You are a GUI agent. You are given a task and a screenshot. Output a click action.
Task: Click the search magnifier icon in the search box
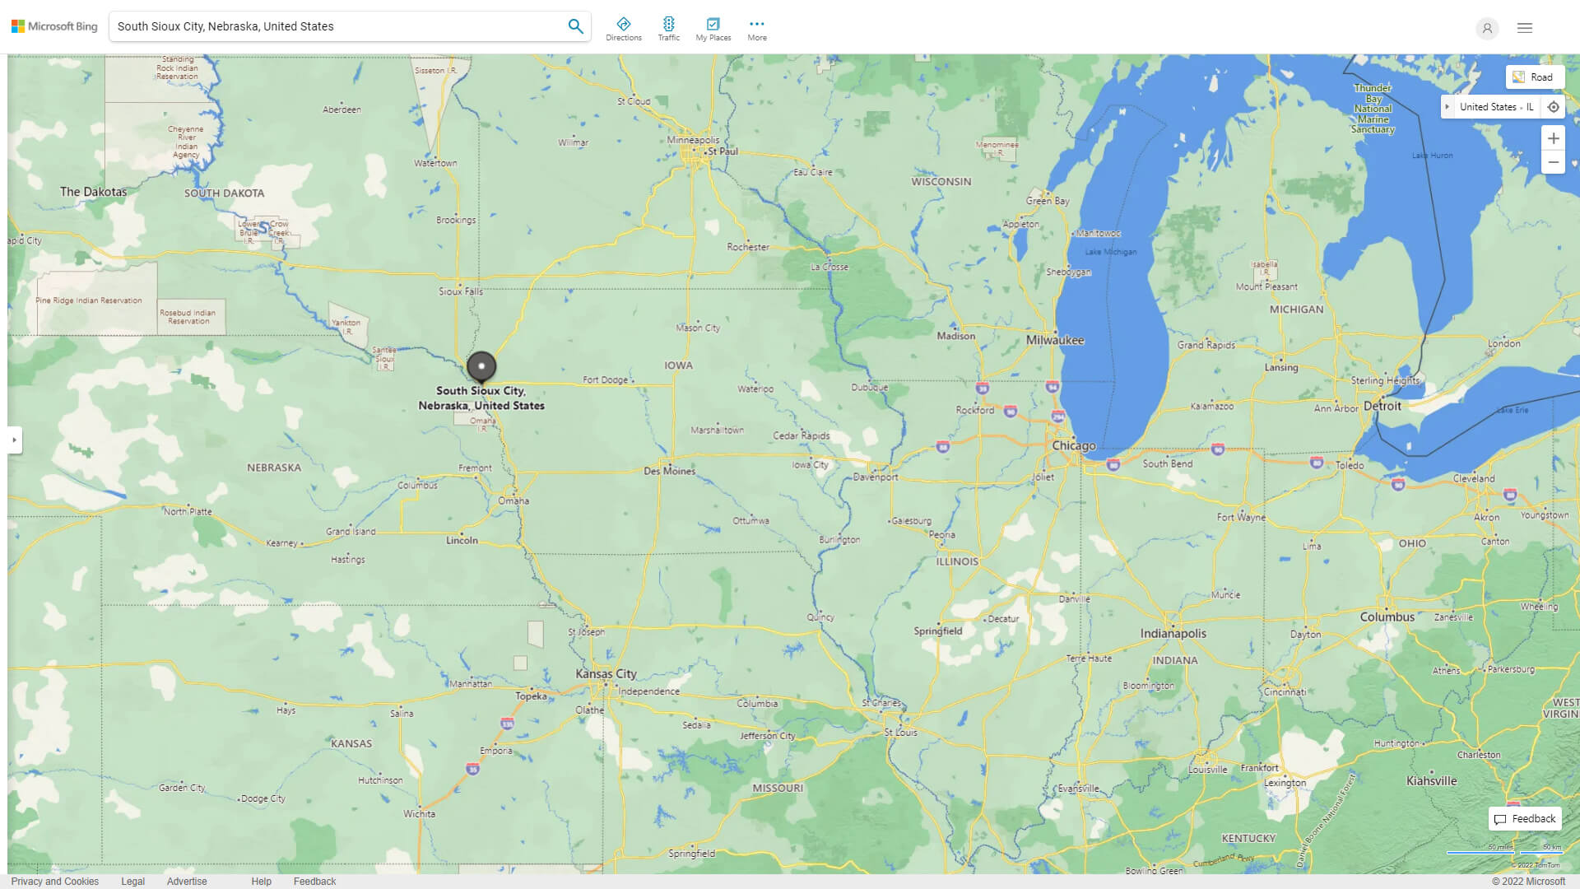point(575,26)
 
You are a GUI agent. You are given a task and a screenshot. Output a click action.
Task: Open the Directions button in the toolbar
point(623,29)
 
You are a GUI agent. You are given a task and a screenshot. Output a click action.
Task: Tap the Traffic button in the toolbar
point(668,29)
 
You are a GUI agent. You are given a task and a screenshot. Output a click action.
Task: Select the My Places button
point(713,29)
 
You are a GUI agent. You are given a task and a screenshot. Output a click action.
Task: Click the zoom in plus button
point(1553,138)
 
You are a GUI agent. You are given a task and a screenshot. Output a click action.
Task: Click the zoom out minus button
point(1553,162)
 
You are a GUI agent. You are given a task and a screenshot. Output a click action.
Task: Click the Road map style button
point(1534,77)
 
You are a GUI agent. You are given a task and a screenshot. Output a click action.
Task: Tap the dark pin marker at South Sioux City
point(481,366)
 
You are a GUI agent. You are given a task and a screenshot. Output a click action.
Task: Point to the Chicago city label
point(1074,445)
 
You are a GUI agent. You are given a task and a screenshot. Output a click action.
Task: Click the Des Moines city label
point(669,471)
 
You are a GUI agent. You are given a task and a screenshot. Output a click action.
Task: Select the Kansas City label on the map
point(606,673)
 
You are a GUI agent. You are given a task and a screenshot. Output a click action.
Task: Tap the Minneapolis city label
point(693,140)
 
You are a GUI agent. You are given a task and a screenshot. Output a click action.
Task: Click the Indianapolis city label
point(1173,633)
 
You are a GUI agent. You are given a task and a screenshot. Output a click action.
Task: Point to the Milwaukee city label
point(1055,340)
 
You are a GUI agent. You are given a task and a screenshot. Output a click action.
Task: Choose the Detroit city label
point(1382,406)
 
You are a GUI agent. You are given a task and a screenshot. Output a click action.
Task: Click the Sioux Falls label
point(461,291)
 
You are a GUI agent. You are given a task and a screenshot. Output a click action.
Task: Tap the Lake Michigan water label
point(1110,252)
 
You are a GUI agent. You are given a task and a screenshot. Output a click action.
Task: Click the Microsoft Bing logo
point(54,26)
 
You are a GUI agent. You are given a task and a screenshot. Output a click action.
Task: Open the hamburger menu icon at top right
point(1524,28)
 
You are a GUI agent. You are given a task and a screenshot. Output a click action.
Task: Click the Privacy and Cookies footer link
point(55,881)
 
